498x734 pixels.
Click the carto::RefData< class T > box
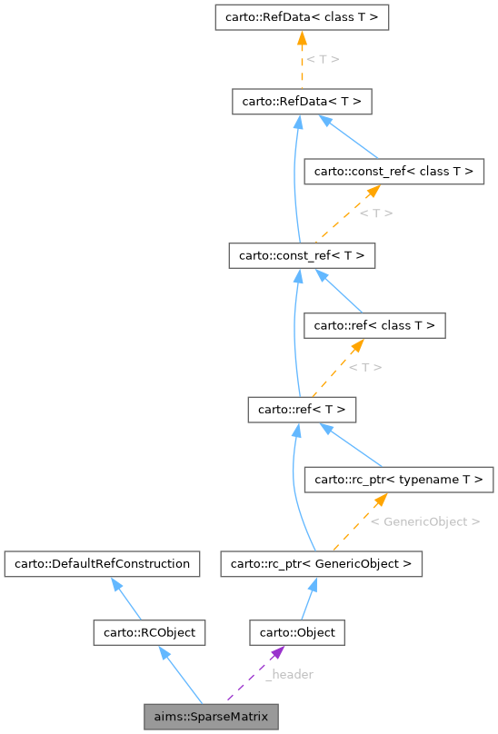[x=302, y=17]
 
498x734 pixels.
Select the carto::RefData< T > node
[x=302, y=103]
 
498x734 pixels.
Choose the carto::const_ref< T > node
[x=302, y=256]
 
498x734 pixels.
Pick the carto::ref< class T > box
[x=373, y=324]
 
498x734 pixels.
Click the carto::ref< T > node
[x=302, y=410]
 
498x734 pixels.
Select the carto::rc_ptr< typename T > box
[x=399, y=478]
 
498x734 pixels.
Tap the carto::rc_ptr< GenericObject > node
[x=321, y=564]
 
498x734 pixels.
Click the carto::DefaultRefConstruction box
[x=101, y=564]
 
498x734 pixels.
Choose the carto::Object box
[x=297, y=632]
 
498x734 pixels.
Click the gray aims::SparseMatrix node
[x=211, y=717]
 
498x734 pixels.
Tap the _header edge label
[x=289, y=674]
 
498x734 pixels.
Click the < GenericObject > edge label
[x=424, y=521]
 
